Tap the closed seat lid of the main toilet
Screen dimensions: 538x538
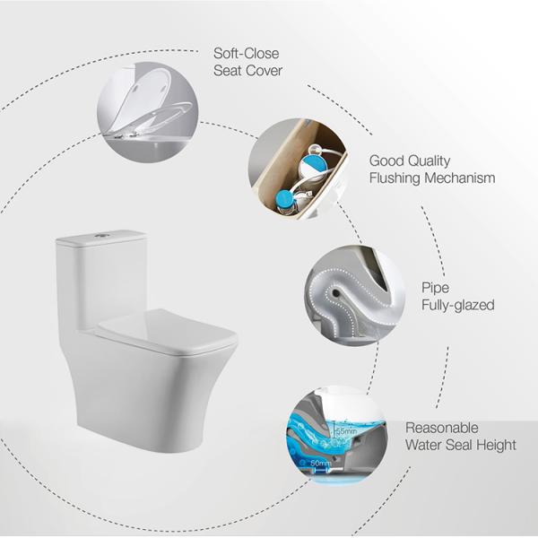pos(167,325)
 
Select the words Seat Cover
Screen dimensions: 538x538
pos(247,72)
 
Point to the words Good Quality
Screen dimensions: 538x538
pos(410,161)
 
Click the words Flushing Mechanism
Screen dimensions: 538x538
pos(432,178)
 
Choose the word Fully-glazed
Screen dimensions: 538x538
pos(457,306)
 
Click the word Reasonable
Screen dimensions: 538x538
pos(442,428)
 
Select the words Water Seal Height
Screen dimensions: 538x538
pos(461,445)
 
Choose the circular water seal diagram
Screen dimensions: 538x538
pos(333,432)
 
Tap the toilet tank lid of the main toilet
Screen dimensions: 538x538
pos(101,238)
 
